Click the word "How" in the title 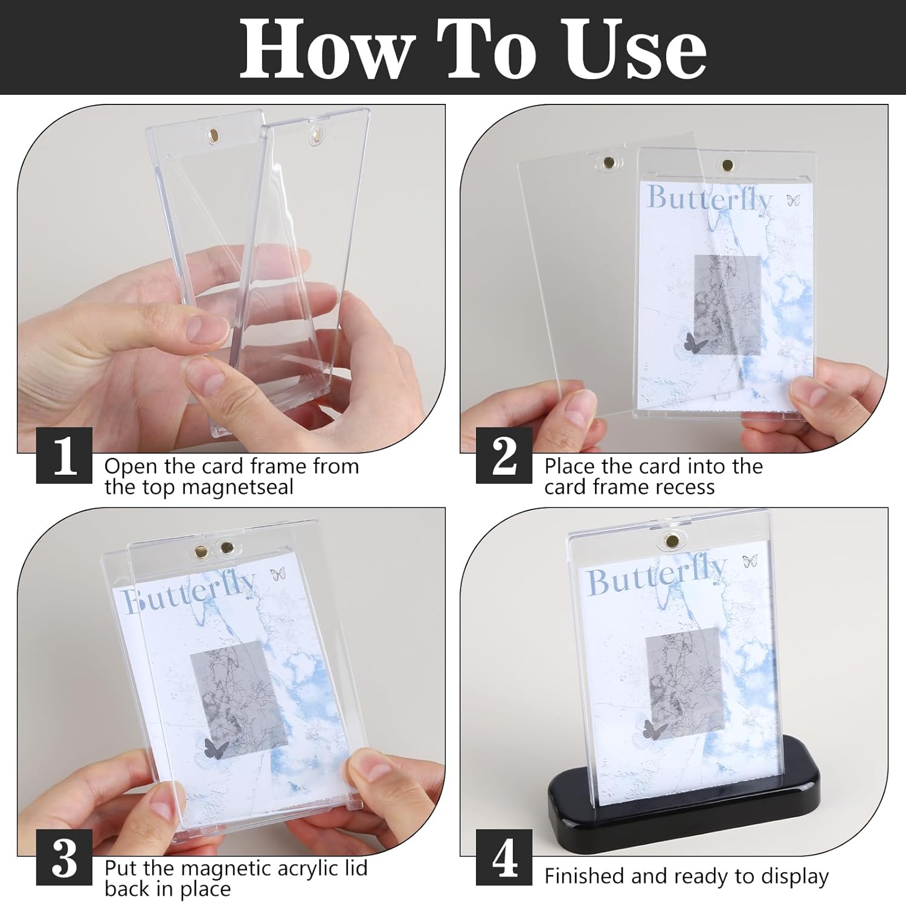pos(326,49)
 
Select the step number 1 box pos(65,455)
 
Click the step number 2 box pos(504,455)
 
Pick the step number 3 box pos(65,858)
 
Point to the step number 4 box pos(504,858)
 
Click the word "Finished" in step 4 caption pos(585,876)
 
